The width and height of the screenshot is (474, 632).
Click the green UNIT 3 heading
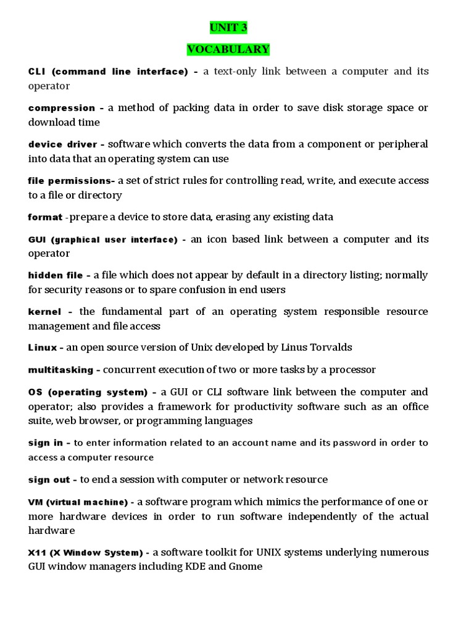[x=228, y=28]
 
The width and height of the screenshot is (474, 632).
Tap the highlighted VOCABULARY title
[x=228, y=49]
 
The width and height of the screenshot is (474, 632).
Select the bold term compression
[x=62, y=108]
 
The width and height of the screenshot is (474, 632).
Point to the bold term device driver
[x=62, y=144]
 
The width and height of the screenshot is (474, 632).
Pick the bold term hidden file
[x=56, y=275]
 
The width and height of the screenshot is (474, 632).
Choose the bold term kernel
[x=44, y=312]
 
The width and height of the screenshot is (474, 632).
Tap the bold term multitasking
[x=60, y=370]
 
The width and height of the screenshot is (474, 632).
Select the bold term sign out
[x=49, y=480]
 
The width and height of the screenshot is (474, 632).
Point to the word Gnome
[x=246, y=566]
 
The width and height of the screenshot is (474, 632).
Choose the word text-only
[x=230, y=72]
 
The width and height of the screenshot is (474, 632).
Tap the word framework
[x=201, y=406]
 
